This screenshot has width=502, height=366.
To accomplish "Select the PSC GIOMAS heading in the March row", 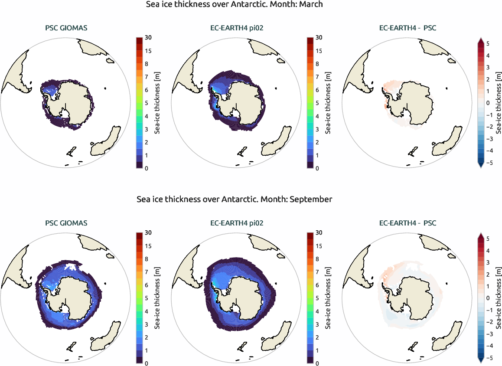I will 66,29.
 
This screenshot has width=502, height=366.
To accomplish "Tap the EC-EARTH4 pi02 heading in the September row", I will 237,223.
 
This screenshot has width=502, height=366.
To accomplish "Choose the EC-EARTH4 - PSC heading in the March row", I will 407,29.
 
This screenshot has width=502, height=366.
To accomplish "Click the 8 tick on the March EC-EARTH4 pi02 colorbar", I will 319,64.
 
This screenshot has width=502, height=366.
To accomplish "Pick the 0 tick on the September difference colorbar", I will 488,298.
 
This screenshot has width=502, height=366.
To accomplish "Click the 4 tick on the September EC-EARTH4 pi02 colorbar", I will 319,311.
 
